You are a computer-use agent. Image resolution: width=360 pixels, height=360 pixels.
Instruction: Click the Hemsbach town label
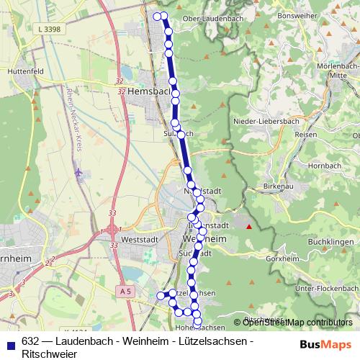pyautogui.click(x=151, y=92)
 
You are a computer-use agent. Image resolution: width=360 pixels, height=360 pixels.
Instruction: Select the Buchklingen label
pyautogui.click(x=328, y=244)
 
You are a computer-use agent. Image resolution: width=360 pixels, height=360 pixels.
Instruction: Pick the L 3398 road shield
pyautogui.click(x=48, y=28)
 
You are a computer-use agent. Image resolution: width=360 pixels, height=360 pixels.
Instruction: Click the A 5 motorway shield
pyautogui.click(x=126, y=291)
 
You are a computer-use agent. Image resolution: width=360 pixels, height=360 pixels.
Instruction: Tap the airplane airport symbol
pyautogui.click(x=79, y=173)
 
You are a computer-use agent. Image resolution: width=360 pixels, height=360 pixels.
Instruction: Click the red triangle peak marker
pyautogui.click(x=249, y=227)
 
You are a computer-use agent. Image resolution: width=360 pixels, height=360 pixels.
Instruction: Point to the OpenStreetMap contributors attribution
pyautogui.click(x=297, y=323)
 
